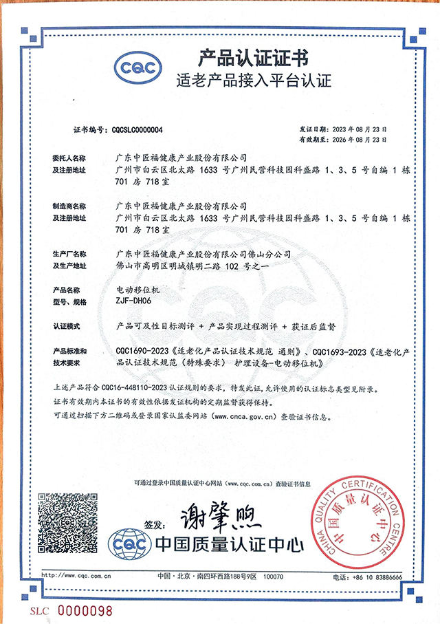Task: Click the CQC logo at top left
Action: pos(137,67)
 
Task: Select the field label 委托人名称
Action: pos(70,158)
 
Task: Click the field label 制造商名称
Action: pos(70,206)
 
